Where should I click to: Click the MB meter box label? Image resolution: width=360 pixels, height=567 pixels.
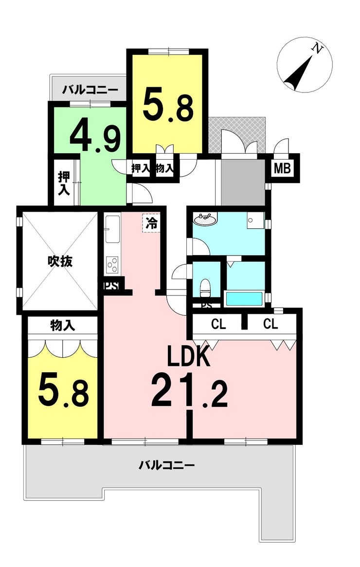click(x=282, y=168)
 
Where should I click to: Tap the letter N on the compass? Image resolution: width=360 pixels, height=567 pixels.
click(x=317, y=49)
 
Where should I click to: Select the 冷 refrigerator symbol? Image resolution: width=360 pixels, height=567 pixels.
click(x=152, y=224)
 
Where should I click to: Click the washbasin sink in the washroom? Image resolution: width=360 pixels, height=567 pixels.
click(x=205, y=219)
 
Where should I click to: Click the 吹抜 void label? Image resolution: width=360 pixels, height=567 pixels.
click(x=60, y=261)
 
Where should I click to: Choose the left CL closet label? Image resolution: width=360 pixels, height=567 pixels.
click(x=218, y=324)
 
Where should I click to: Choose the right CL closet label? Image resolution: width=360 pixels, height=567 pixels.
click(x=270, y=324)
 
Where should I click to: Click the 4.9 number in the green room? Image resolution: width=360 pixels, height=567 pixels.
click(x=95, y=136)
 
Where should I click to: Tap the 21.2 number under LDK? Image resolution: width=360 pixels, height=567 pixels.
click(x=189, y=391)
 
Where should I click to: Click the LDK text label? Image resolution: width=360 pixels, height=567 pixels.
click(x=188, y=357)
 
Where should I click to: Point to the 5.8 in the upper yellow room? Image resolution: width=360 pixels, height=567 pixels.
click(x=168, y=105)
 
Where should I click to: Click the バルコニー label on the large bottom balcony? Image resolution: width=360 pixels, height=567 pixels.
click(x=167, y=465)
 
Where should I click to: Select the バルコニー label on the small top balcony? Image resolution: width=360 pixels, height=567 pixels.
click(x=90, y=90)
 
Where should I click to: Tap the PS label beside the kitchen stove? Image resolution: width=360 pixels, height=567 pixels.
click(x=111, y=286)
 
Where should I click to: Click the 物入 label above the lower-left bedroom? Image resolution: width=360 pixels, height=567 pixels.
click(x=63, y=326)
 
